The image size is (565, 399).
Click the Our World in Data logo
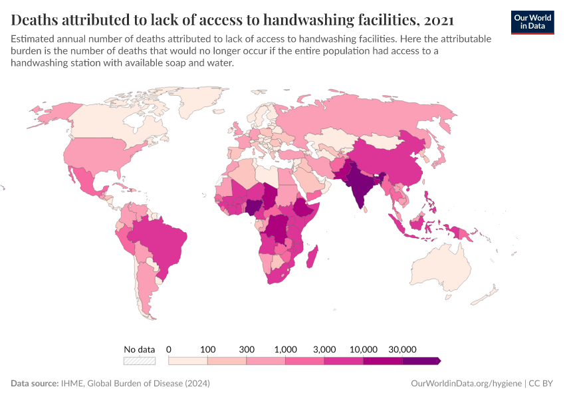pyautogui.click(x=532, y=21)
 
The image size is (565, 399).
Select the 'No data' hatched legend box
pyautogui.click(x=140, y=360)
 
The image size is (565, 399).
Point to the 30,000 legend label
pyautogui.click(x=402, y=349)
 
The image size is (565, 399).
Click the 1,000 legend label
pyautogui.click(x=285, y=349)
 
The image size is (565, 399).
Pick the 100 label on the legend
pyautogui.click(x=208, y=349)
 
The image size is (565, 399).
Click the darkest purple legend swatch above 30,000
pyautogui.click(x=421, y=360)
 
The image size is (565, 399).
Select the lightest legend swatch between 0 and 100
pyautogui.click(x=188, y=360)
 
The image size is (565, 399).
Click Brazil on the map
pyautogui.click(x=158, y=239)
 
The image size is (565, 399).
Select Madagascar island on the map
pyautogui.click(x=315, y=257)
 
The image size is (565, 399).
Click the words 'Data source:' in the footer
pyautogui.click(x=35, y=384)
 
